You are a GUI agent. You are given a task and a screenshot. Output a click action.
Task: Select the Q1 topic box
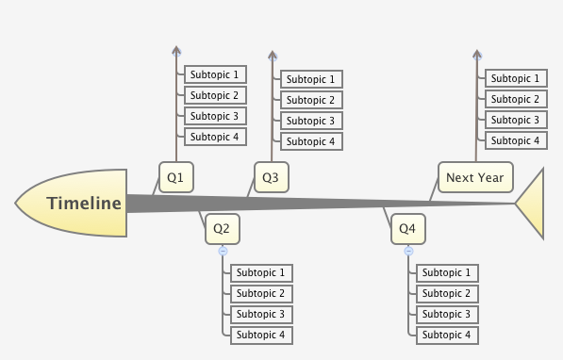click(x=175, y=176)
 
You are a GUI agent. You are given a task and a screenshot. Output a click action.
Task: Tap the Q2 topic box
click(x=223, y=228)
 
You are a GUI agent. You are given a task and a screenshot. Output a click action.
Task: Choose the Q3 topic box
click(x=271, y=176)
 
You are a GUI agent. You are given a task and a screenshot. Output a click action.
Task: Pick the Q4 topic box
click(x=407, y=228)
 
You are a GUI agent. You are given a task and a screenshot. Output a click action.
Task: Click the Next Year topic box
click(x=475, y=176)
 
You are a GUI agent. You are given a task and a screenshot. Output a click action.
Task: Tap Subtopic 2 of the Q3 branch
click(x=311, y=100)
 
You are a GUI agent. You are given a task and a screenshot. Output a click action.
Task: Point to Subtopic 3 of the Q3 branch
click(x=311, y=121)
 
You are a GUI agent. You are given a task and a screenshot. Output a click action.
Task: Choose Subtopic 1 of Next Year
click(x=515, y=78)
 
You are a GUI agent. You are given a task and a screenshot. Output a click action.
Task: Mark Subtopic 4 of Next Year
click(x=515, y=140)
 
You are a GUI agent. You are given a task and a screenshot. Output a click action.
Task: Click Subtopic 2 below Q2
click(x=261, y=293)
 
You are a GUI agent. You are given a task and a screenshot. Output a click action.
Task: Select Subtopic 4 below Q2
click(x=261, y=335)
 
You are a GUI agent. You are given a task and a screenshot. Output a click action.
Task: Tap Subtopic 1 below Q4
click(x=446, y=272)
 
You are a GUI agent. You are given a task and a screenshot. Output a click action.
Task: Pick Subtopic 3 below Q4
click(x=446, y=314)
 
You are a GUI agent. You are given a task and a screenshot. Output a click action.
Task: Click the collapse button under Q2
click(x=223, y=251)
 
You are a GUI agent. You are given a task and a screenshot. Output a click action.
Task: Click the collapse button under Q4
click(x=408, y=251)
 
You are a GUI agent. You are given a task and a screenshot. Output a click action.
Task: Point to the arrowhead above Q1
click(x=176, y=52)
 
